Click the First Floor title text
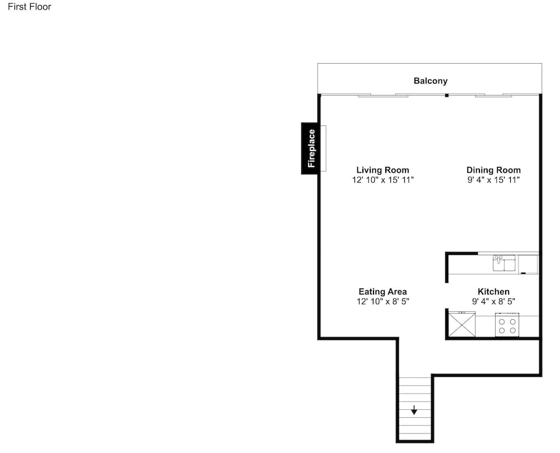pyautogui.click(x=29, y=7)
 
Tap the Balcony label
pyautogui.click(x=430, y=81)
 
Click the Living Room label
pyautogui.click(x=382, y=170)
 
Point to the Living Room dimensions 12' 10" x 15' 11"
pyautogui.click(x=382, y=180)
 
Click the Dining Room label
pyautogui.click(x=493, y=170)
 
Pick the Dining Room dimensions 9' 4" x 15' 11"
pyautogui.click(x=493, y=180)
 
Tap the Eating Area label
pyautogui.click(x=382, y=292)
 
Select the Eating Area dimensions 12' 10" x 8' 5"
pyautogui.click(x=382, y=302)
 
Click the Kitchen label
pyautogui.click(x=493, y=292)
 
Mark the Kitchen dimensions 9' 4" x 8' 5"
pyautogui.click(x=493, y=302)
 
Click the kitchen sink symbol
pyautogui.click(x=504, y=263)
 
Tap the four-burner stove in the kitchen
pyautogui.click(x=507, y=325)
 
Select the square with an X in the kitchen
pyautogui.click(x=462, y=324)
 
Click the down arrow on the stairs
pyautogui.click(x=414, y=410)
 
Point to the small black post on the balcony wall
pyautogui.click(x=446, y=95)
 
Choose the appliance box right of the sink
pyautogui.click(x=528, y=264)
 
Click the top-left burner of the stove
pyautogui.click(x=502, y=322)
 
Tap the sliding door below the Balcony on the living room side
pyautogui.click(x=383, y=95)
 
